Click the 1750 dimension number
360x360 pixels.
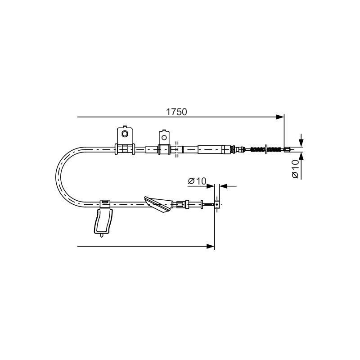176,112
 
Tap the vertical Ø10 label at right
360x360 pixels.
295,169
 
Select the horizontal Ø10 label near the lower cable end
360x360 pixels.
197,181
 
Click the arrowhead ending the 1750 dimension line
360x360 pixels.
280,117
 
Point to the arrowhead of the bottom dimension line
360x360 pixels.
210,246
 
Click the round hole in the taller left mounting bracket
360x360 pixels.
125,133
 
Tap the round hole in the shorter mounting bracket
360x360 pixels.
164,138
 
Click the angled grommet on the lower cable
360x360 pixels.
159,204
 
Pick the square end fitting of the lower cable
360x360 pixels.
217,204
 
